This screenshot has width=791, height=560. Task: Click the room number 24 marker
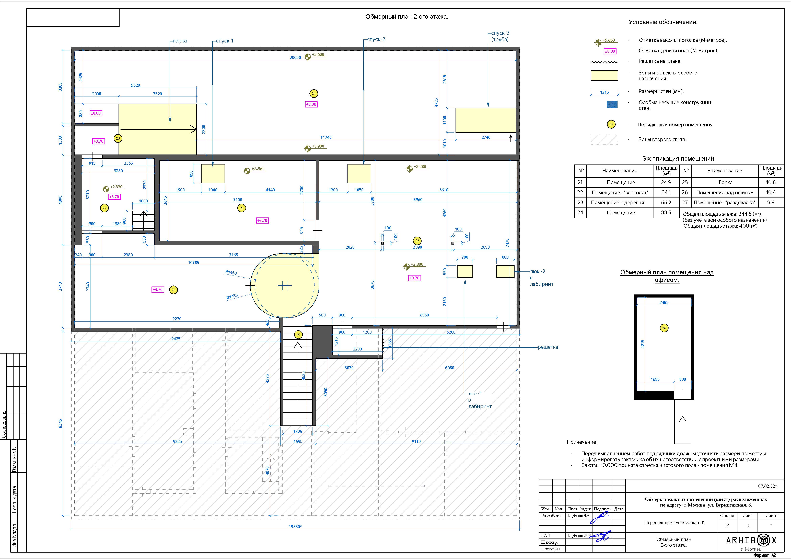click(x=313, y=93)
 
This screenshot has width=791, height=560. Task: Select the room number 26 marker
click(x=664, y=328)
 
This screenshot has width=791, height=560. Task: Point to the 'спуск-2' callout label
click(x=376, y=39)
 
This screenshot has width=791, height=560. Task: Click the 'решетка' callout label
click(x=548, y=347)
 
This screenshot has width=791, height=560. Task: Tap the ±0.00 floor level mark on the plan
click(x=96, y=113)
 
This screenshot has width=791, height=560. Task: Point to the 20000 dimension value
click(x=295, y=58)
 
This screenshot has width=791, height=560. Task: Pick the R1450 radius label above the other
click(x=231, y=272)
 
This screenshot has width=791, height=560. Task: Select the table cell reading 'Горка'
click(x=725, y=182)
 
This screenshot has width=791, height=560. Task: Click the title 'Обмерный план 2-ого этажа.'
click(x=407, y=17)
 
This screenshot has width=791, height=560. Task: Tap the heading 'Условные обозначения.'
click(x=663, y=22)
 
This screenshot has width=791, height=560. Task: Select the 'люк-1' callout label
click(x=475, y=393)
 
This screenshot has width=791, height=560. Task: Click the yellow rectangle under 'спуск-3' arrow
click(x=486, y=120)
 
